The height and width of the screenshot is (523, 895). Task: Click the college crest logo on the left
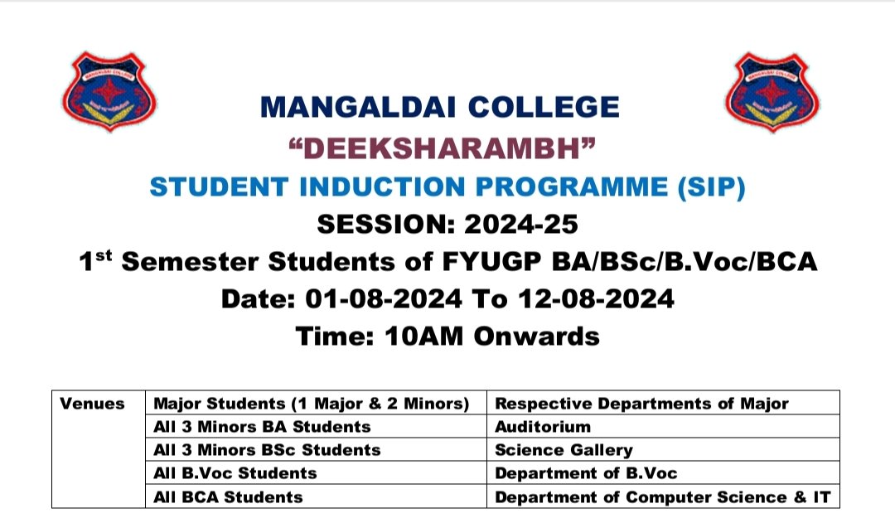[x=109, y=91]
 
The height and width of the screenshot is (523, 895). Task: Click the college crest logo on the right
[x=772, y=91]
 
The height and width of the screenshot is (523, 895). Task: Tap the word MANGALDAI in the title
[x=358, y=108]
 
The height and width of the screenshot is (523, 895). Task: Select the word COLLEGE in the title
[x=544, y=108]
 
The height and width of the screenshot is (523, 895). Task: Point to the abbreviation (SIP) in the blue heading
[x=711, y=187]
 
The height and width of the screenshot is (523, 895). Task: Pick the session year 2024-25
[x=521, y=224]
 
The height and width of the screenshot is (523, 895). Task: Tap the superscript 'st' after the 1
[x=104, y=254]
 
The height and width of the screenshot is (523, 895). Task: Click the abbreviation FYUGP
[x=491, y=262]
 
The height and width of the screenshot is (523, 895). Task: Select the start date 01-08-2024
[x=384, y=298]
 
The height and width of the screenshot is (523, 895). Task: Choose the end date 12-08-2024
[x=596, y=298]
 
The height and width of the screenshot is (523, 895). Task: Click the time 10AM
[x=423, y=336]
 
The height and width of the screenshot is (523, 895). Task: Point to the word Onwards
[x=536, y=336]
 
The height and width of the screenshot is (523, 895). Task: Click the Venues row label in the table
[x=92, y=404]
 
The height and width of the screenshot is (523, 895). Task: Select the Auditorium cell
[x=663, y=427]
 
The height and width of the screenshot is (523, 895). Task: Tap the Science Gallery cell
[x=663, y=450]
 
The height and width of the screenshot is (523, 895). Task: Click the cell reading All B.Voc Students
[x=317, y=473]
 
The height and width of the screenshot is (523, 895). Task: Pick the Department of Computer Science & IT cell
[x=663, y=496]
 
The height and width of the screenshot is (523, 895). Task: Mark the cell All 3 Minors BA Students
[x=317, y=427]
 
